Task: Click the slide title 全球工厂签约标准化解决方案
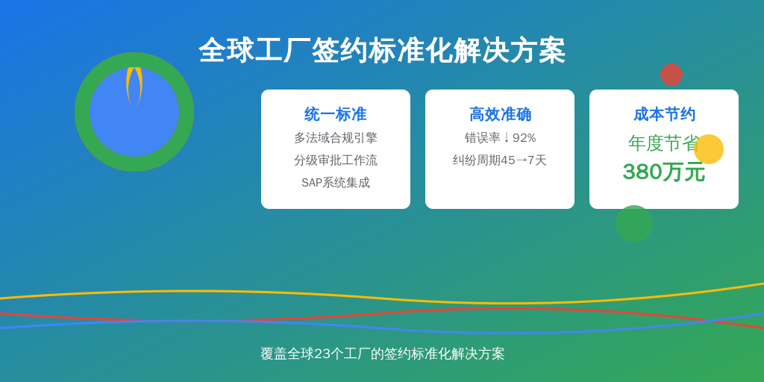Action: (x=382, y=50)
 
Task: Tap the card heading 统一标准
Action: (x=335, y=114)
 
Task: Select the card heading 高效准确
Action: (x=500, y=114)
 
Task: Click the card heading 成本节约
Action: (x=664, y=114)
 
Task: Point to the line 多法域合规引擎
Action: (x=335, y=138)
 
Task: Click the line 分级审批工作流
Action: (x=335, y=160)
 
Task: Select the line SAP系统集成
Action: (x=335, y=183)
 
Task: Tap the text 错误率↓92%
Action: (x=500, y=138)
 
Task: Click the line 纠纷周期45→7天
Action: (x=500, y=160)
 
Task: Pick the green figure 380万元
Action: (x=663, y=172)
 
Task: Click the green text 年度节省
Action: (x=663, y=143)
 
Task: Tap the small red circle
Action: (x=671, y=75)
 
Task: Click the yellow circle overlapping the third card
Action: (x=709, y=149)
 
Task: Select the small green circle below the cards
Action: (x=634, y=224)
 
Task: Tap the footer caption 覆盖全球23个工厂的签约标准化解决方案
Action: (x=382, y=354)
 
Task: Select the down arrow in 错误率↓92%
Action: (x=507, y=138)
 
